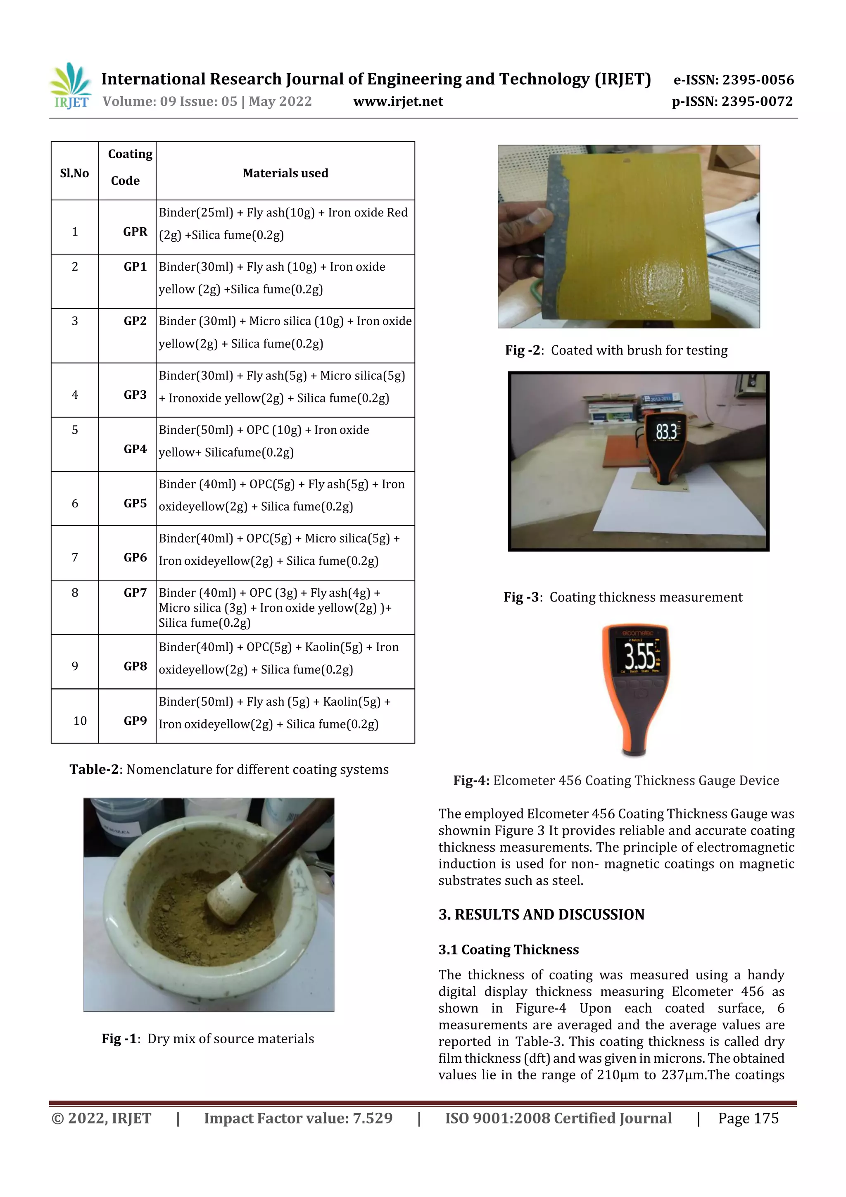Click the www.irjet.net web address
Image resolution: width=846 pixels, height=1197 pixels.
398,102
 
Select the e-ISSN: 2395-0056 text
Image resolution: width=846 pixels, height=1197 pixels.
733,80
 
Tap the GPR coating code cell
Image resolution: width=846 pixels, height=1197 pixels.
135,231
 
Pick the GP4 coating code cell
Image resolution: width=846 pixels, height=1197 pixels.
135,449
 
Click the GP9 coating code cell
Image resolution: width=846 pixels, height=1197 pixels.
135,721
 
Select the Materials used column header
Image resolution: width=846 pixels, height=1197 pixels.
285,173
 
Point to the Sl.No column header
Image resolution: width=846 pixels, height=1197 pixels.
74,173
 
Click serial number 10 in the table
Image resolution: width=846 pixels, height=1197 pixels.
80,721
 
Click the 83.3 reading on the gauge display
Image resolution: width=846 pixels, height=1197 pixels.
666,432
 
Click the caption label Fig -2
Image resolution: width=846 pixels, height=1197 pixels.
522,350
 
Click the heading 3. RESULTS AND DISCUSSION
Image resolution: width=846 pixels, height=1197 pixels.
541,914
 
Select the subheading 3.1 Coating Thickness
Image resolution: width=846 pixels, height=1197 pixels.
508,950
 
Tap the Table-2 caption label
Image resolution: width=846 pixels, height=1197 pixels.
95,769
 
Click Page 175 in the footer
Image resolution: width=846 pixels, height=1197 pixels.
748,1118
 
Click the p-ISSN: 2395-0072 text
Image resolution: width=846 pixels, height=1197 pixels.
732,102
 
